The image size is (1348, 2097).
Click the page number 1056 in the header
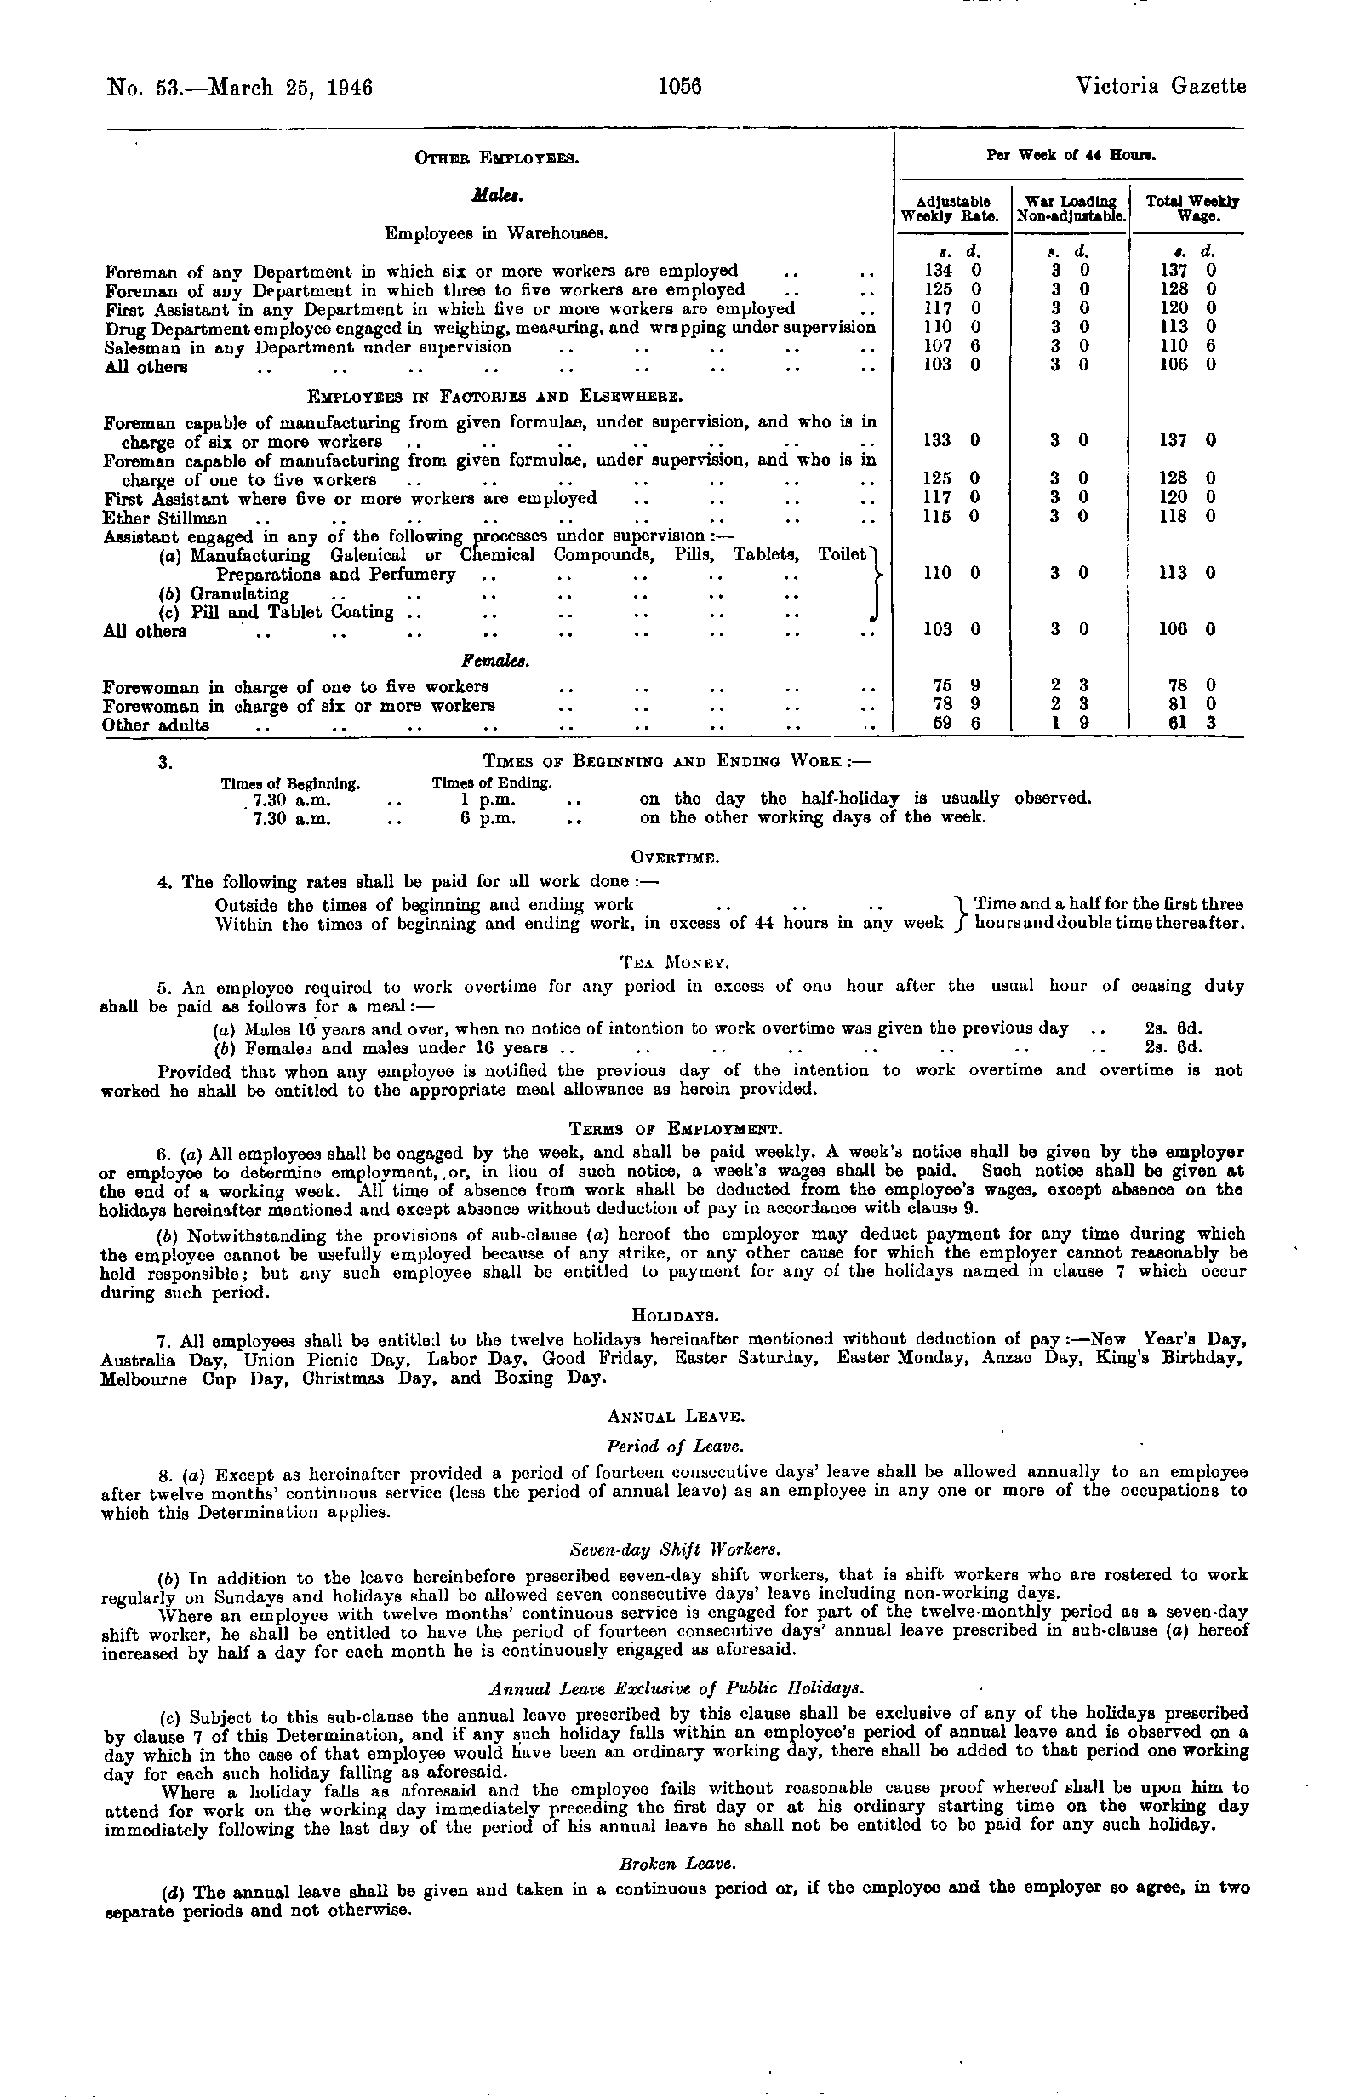[x=680, y=88]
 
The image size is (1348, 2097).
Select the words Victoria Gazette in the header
[x=1161, y=88]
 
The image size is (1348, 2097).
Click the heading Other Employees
[x=497, y=158]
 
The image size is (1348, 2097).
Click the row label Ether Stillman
[x=164, y=519]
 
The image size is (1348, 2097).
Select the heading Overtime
[x=675, y=859]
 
